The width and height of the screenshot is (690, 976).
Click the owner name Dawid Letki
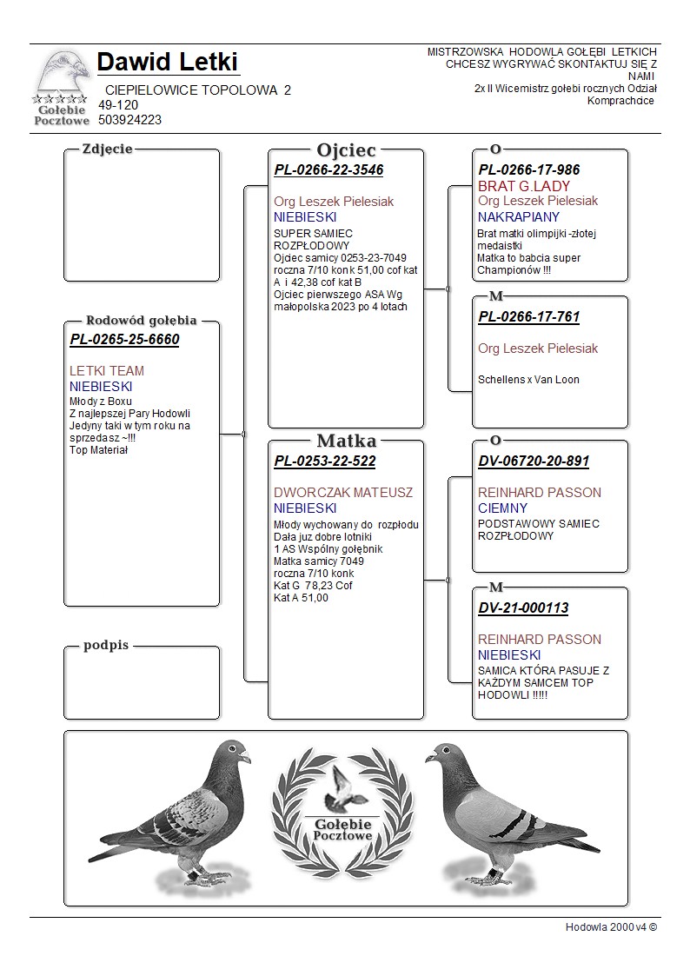[168, 63]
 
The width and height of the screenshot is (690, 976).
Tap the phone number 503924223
[129, 120]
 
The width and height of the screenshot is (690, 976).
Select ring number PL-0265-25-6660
[124, 340]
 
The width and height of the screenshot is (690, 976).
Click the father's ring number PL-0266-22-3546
[328, 170]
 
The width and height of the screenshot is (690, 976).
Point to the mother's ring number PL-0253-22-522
[325, 461]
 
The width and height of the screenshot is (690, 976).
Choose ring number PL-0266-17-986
[528, 170]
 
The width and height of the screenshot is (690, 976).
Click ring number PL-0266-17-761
[528, 317]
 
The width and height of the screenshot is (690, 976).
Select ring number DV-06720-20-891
[534, 461]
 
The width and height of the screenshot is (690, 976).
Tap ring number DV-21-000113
[523, 608]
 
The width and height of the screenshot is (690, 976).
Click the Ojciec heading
[346, 149]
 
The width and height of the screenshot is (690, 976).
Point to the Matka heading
[346, 441]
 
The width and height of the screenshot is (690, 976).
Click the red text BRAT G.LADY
[524, 186]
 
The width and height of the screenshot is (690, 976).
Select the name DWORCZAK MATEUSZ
[343, 493]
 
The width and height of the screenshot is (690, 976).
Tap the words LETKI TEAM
[107, 371]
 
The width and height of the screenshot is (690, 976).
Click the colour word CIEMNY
[502, 508]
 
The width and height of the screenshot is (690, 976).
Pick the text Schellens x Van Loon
[528, 380]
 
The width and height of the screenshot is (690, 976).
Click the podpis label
[106, 645]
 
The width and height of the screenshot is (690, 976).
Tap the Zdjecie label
[107, 149]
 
